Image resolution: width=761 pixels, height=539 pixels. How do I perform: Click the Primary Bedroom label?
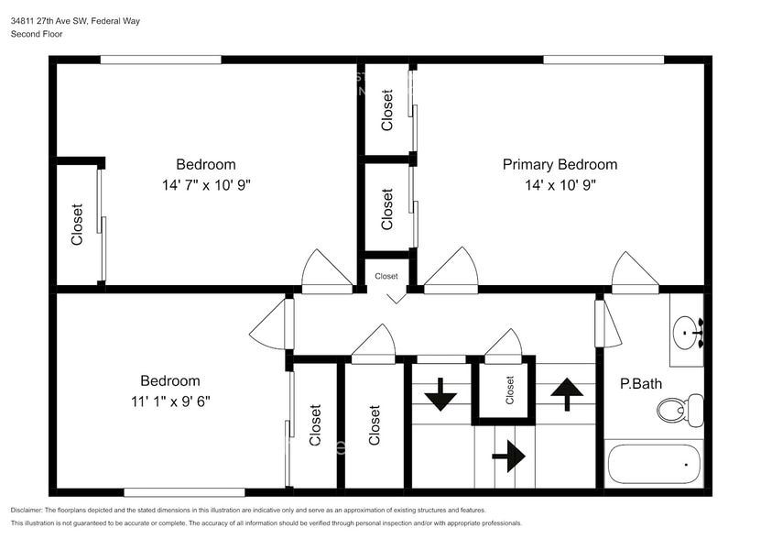click(x=560, y=165)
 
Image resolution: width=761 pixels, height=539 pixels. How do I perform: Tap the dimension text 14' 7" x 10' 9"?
click(x=206, y=184)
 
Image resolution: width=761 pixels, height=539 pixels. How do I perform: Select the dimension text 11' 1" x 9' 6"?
click(x=169, y=401)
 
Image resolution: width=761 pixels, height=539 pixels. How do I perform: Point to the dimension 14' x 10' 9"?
click(x=560, y=184)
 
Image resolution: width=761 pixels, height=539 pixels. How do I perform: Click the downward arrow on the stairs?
click(x=440, y=394)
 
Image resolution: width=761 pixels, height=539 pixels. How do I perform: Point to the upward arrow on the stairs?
click(x=567, y=394)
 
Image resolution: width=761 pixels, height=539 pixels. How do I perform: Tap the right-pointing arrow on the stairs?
click(x=509, y=455)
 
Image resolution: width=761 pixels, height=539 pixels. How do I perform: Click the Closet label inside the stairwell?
click(x=510, y=390)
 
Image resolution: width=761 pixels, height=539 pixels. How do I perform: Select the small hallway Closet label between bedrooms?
click(x=386, y=276)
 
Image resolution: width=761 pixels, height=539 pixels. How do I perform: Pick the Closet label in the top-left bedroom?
click(x=78, y=225)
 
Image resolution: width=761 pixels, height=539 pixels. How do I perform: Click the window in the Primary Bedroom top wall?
click(x=603, y=60)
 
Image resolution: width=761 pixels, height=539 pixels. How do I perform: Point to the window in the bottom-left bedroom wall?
click(x=184, y=492)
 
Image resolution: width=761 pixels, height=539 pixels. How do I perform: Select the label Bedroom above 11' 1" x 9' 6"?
click(x=169, y=381)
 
